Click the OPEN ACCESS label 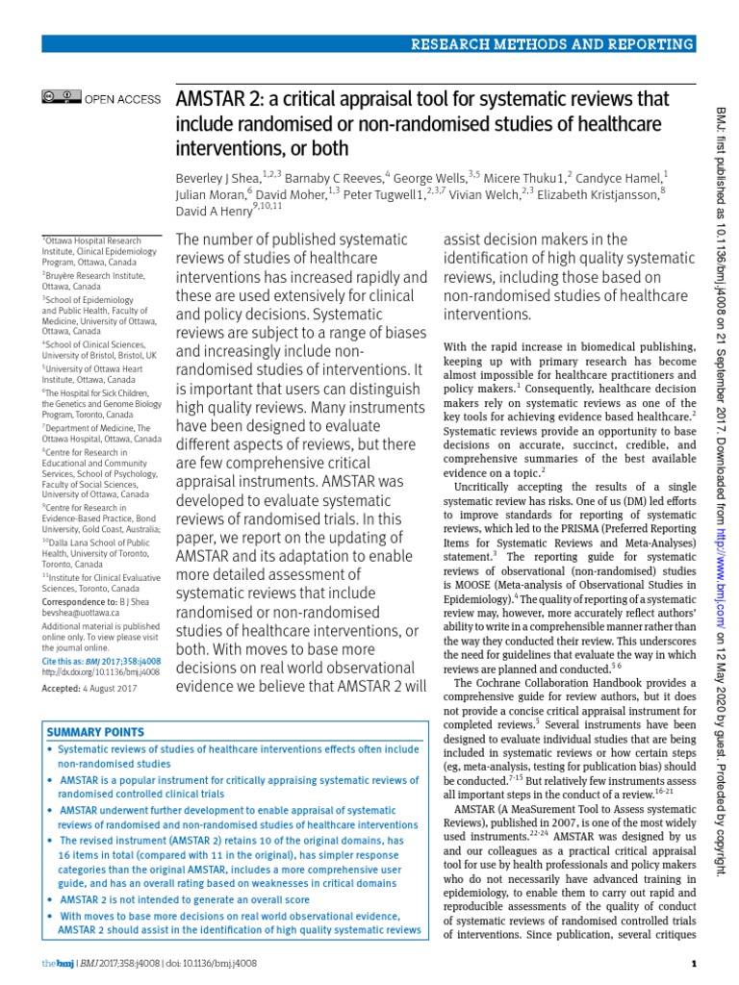(123, 99)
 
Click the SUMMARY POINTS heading (92, 732)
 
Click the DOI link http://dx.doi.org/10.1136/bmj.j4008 (100, 673)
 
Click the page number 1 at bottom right (693, 963)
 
